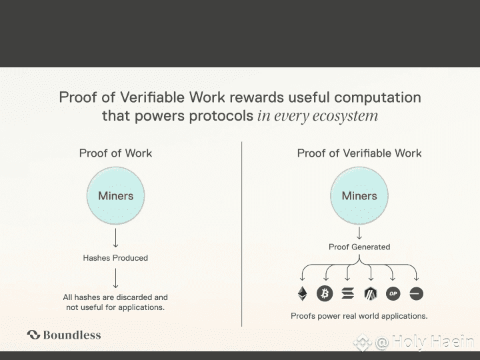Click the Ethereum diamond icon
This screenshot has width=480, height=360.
click(x=302, y=293)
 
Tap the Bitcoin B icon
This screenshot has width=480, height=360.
click(x=325, y=293)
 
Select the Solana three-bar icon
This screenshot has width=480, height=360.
click(x=347, y=293)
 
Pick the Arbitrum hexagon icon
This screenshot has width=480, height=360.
click(x=371, y=293)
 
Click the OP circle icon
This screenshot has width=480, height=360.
click(x=393, y=293)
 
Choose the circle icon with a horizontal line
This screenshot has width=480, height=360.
click(x=416, y=293)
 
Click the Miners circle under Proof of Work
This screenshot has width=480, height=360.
click(x=115, y=196)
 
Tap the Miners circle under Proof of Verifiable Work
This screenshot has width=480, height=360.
click(x=359, y=196)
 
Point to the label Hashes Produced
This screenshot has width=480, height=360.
click(x=115, y=258)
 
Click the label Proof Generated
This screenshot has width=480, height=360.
click(x=359, y=247)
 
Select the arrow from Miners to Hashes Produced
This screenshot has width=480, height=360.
click(x=115, y=238)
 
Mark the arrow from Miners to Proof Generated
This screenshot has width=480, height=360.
click(x=359, y=233)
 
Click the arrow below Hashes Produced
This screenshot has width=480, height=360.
click(x=115, y=277)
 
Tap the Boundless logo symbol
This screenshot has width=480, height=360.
click(x=33, y=335)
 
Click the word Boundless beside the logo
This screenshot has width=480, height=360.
click(x=72, y=335)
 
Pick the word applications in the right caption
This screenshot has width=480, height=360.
click(x=403, y=316)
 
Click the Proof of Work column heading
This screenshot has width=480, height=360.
click(x=115, y=153)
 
